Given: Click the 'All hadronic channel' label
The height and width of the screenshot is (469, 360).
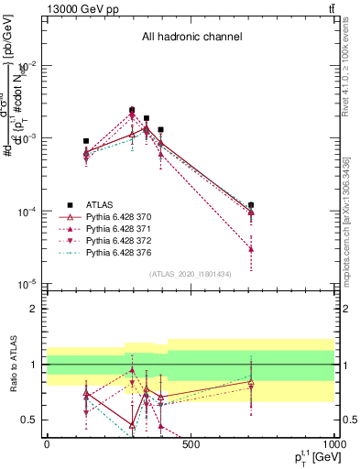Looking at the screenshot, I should [191, 38].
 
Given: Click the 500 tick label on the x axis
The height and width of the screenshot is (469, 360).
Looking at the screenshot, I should [191, 445].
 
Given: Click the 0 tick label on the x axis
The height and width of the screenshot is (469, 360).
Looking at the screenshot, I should [47, 445].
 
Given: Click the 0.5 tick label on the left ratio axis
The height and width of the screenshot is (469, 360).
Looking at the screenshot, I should [28, 420].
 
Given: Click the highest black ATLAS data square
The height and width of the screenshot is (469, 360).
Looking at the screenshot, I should [132, 110].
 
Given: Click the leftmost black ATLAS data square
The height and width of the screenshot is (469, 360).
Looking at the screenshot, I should [86, 141].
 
